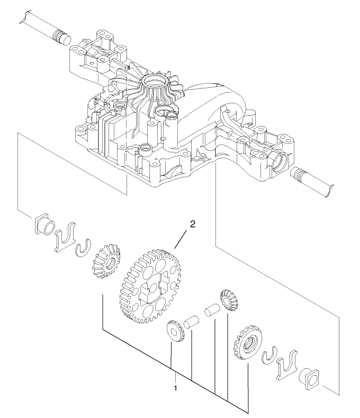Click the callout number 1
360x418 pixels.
tap(176, 388)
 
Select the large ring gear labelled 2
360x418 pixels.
tap(154, 286)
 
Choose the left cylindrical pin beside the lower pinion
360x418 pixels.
tap(192, 322)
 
